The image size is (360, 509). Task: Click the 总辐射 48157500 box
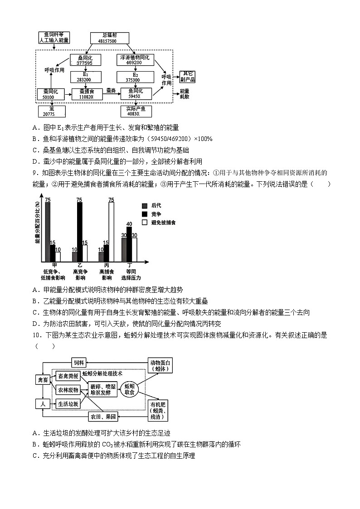(x=110, y=38)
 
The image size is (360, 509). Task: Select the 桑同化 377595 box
(x=85, y=60)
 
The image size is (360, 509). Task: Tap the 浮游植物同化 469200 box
(x=136, y=60)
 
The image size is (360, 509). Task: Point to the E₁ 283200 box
(x=85, y=77)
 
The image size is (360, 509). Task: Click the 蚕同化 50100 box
(x=48, y=94)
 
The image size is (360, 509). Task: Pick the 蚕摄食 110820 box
(x=86, y=94)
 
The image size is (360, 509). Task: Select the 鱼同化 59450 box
(x=135, y=94)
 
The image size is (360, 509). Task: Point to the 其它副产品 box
(x=187, y=77)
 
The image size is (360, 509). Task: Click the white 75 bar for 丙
(x=111, y=231)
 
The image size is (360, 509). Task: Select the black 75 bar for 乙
(x=80, y=231)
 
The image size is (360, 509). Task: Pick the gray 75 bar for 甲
(x=48, y=231)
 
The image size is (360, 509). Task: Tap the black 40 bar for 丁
(x=129, y=244)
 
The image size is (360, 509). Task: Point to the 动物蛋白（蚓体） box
(x=161, y=365)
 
